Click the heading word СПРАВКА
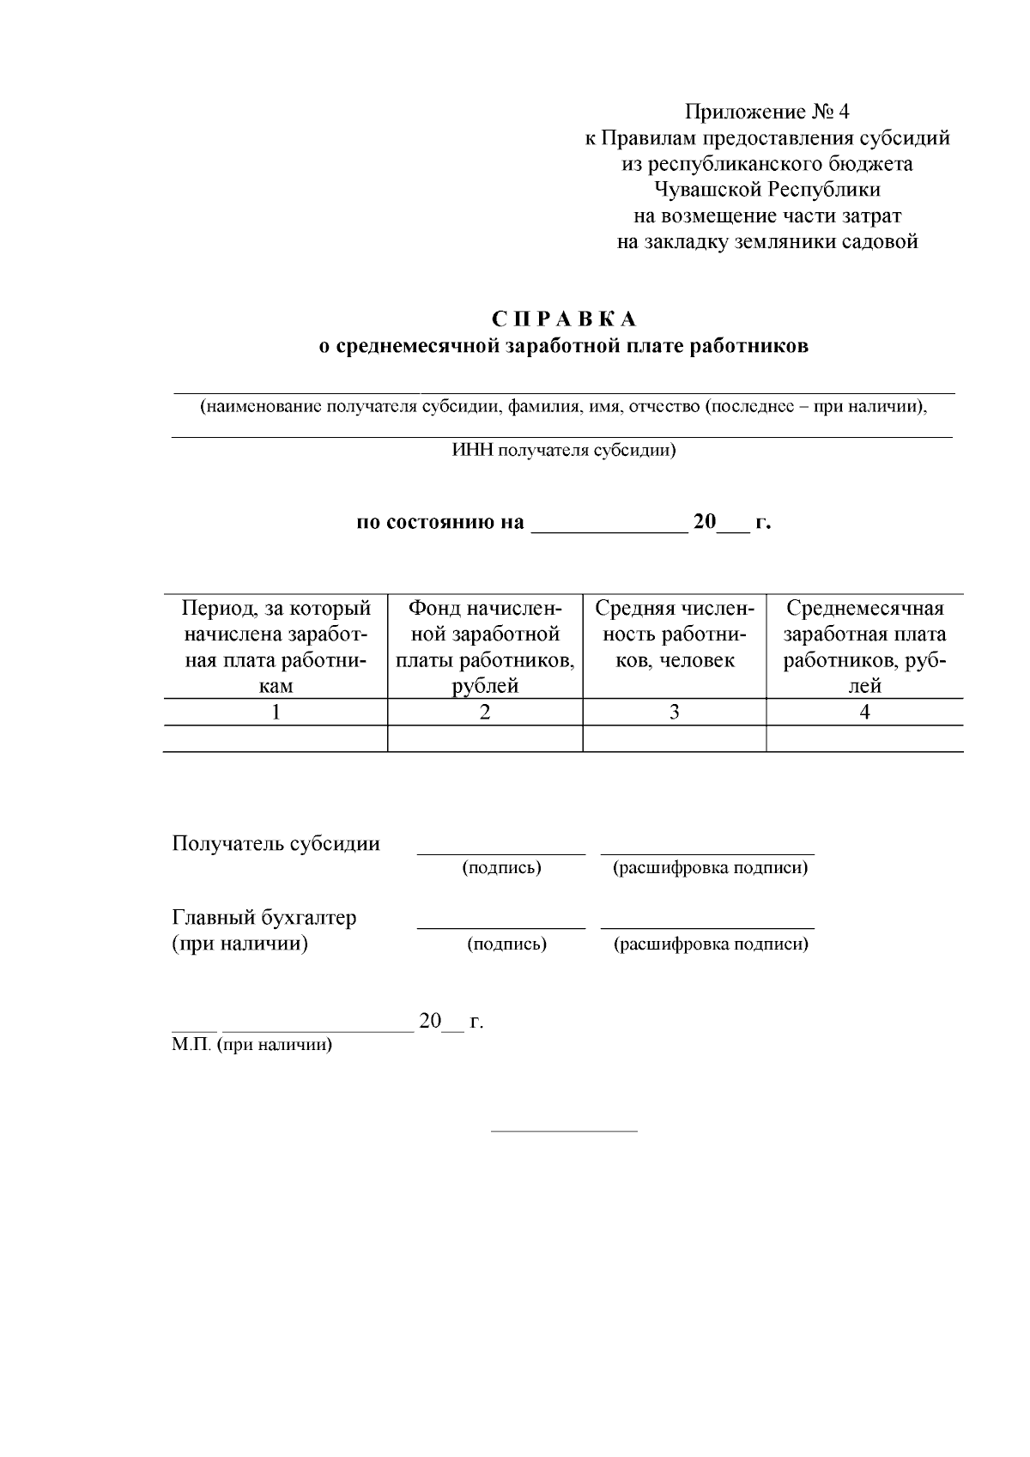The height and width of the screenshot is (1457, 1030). (564, 319)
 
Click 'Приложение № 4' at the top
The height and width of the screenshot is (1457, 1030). (766, 112)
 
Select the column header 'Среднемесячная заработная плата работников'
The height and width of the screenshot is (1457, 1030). (864, 647)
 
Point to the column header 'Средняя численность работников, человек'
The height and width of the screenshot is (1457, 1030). (675, 634)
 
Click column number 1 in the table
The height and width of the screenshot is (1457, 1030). (276, 712)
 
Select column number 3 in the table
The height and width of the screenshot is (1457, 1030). (675, 712)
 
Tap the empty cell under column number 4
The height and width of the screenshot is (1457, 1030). (864, 738)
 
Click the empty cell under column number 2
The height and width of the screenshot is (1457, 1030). (485, 738)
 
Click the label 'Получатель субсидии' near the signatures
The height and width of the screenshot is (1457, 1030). (276, 843)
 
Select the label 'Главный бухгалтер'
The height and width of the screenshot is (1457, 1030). (264, 918)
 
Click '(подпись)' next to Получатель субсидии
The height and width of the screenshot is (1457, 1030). (501, 868)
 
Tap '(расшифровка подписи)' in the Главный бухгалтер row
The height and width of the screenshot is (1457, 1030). (710, 944)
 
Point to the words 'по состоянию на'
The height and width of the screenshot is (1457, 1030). (440, 522)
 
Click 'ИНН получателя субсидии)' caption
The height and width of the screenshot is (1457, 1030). (564, 450)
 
